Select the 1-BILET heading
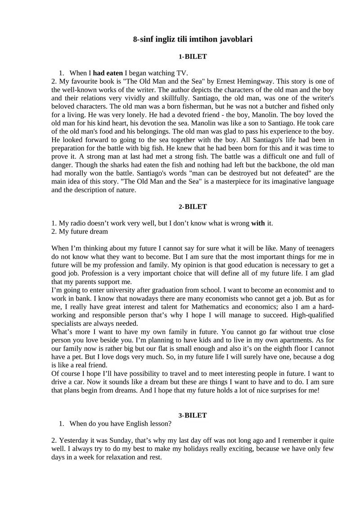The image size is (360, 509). click(193, 57)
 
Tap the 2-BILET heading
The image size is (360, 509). click(193, 207)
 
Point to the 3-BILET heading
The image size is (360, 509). click(193, 415)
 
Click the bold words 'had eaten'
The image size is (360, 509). click(108, 72)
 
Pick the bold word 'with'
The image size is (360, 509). click(258, 223)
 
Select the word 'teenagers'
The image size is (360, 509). click(319, 248)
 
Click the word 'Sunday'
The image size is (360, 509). click(119, 440)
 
